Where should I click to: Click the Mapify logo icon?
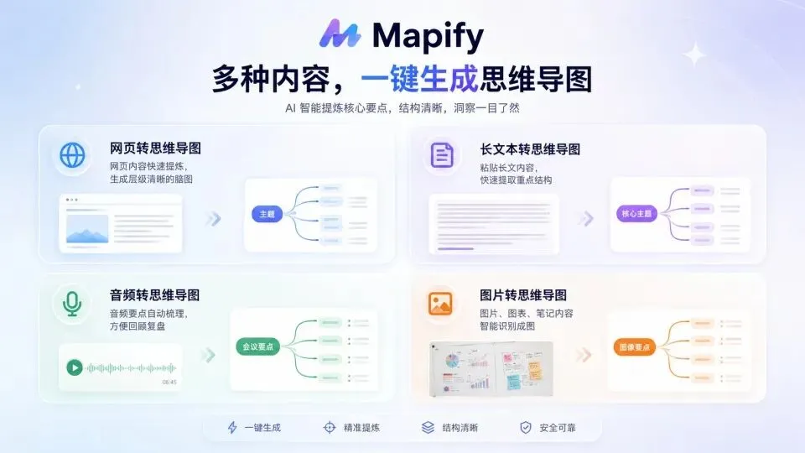(x=340, y=34)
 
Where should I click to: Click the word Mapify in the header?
(x=428, y=36)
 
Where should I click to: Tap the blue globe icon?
(x=72, y=155)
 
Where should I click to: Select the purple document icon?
(x=442, y=155)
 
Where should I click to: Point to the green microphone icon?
(x=72, y=304)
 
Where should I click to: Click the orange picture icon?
(x=440, y=304)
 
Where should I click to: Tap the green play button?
(x=75, y=367)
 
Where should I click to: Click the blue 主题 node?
(x=267, y=214)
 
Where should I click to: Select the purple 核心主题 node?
(x=636, y=214)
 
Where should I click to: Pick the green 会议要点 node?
(x=257, y=346)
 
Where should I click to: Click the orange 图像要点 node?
(x=635, y=347)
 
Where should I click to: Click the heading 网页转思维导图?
(x=155, y=148)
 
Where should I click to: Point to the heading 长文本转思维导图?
(x=530, y=149)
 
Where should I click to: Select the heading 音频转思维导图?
(x=154, y=294)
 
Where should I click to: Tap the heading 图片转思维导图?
(x=523, y=294)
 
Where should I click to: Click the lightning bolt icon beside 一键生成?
(x=232, y=427)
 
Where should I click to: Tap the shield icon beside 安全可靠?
(x=526, y=427)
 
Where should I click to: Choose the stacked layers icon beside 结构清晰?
(x=428, y=427)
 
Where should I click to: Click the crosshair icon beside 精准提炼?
(x=330, y=427)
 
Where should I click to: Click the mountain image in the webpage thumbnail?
(x=87, y=228)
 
